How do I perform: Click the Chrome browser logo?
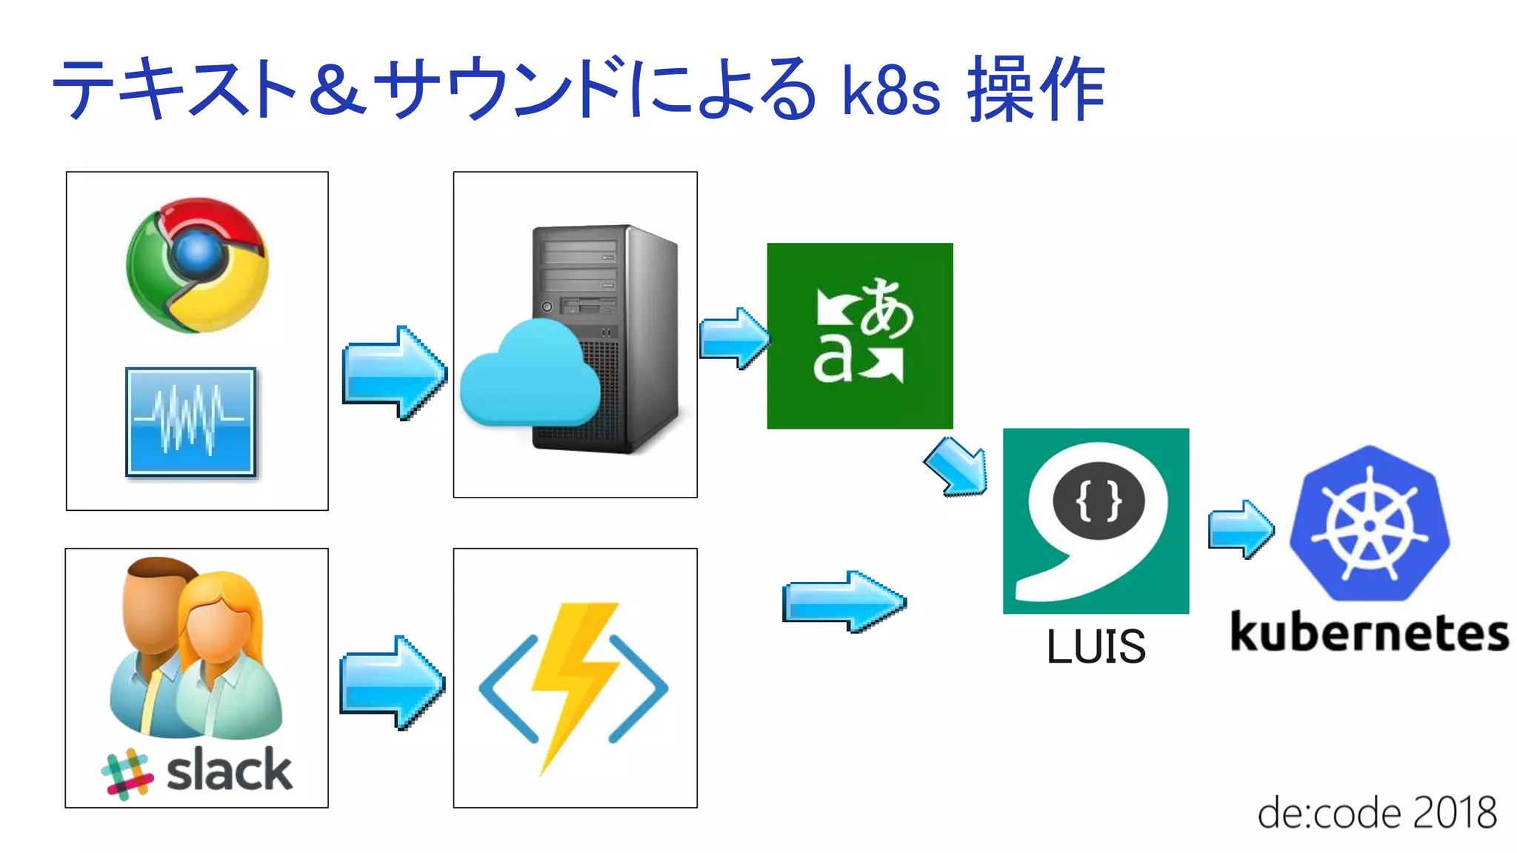(x=197, y=264)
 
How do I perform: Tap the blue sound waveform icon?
(x=191, y=421)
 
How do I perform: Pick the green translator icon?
(x=859, y=335)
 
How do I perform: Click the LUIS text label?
(x=1096, y=646)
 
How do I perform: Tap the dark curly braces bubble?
(x=1098, y=502)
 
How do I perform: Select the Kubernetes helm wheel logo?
(x=1370, y=524)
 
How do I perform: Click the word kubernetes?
(x=1369, y=633)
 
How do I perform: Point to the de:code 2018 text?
(x=1376, y=813)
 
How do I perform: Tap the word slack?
(x=229, y=770)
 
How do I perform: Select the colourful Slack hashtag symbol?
(x=127, y=775)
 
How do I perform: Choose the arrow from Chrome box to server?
(x=394, y=372)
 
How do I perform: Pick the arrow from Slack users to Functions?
(x=392, y=682)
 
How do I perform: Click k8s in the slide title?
(x=891, y=92)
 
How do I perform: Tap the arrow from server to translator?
(x=734, y=338)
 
